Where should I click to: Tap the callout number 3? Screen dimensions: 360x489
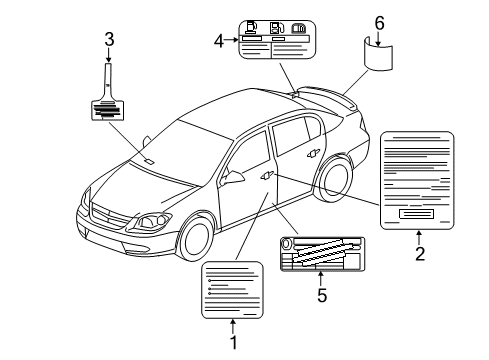[109, 40]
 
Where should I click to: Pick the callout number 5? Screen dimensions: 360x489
[321, 295]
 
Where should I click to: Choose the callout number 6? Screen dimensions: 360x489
[378, 21]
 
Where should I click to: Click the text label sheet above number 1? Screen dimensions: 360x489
[233, 289]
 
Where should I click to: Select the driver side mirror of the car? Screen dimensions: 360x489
[236, 177]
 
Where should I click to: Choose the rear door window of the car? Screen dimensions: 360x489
[291, 132]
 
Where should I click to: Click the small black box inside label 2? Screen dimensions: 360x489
[415, 213]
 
